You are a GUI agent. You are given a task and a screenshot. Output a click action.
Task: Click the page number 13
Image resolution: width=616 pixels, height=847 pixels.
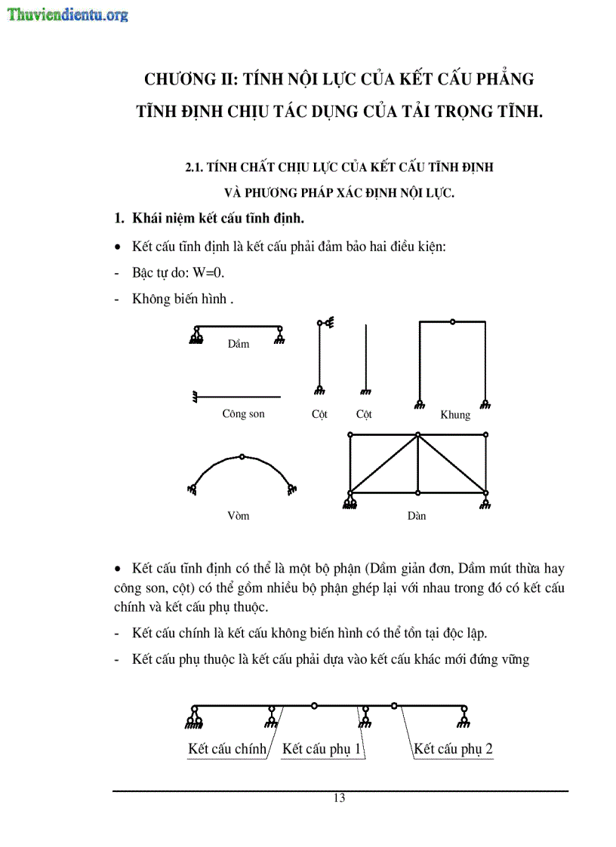pyautogui.click(x=339, y=798)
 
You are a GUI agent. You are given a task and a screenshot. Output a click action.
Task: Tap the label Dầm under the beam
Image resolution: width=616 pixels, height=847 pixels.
pyautogui.click(x=238, y=344)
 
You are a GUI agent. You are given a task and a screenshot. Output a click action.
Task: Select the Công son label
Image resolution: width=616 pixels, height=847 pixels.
pyautogui.click(x=243, y=414)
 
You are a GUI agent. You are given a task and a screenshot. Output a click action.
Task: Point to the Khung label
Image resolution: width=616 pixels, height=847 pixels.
pyautogui.click(x=454, y=415)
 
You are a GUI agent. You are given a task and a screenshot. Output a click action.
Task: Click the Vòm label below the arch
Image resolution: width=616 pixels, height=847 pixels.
pyautogui.click(x=238, y=516)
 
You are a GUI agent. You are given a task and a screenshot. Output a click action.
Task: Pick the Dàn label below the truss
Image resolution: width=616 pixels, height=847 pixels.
pyautogui.click(x=416, y=516)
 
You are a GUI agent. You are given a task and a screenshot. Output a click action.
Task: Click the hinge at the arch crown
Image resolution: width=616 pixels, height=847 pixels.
pyautogui.click(x=241, y=456)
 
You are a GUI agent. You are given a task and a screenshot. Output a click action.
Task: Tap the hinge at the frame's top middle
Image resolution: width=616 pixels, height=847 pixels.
pyautogui.click(x=452, y=322)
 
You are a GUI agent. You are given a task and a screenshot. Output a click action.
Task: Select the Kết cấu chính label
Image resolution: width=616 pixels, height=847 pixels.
pyautogui.click(x=227, y=749)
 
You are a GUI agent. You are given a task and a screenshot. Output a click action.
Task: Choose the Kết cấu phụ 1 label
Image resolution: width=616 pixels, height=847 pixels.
pyautogui.click(x=322, y=749)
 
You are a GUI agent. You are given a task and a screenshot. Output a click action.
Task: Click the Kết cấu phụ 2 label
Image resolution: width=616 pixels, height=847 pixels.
pyautogui.click(x=453, y=749)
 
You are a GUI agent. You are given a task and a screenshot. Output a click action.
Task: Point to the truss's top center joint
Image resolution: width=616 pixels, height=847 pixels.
pyautogui.click(x=417, y=434)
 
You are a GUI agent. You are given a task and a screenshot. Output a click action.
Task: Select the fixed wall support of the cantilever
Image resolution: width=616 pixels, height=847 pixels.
pyautogui.click(x=196, y=396)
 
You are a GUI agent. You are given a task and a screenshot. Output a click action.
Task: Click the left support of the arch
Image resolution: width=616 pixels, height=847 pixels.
pyautogui.click(x=193, y=489)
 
